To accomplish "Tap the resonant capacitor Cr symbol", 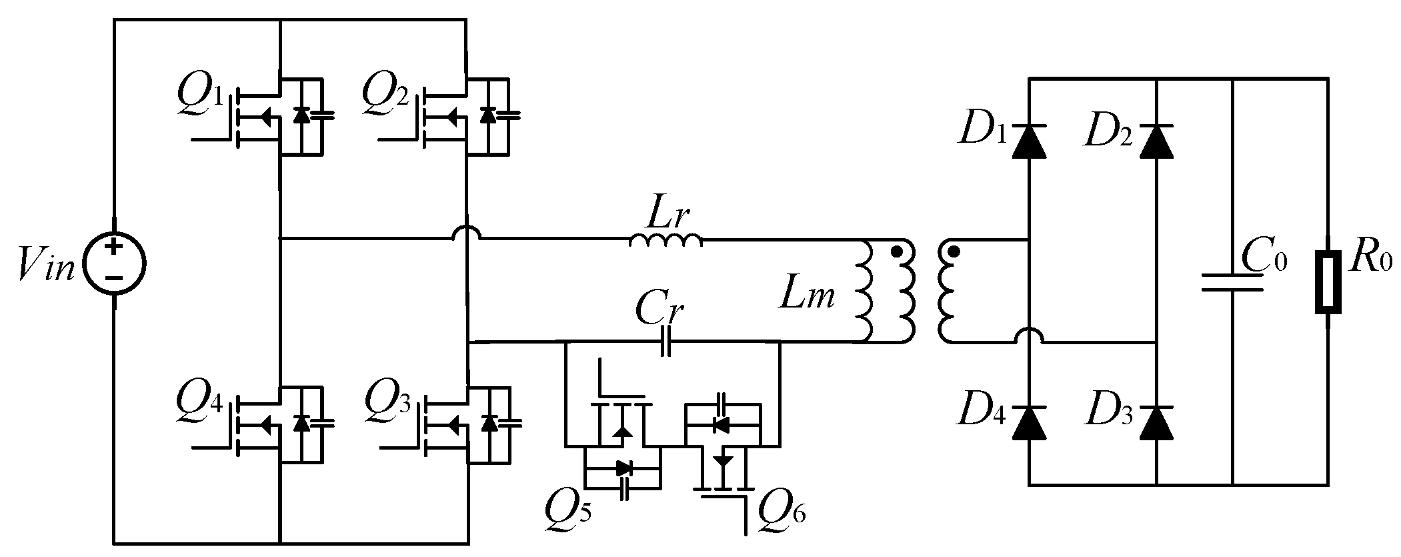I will click(x=664, y=343).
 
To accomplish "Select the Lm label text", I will click(x=807, y=296).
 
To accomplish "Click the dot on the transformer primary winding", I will click(x=897, y=252).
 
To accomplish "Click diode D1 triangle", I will click(x=1028, y=141).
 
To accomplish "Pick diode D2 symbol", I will click(x=1156, y=141).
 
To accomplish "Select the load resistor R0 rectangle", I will click(x=1327, y=282).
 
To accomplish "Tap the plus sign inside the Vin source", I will click(x=114, y=247).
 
